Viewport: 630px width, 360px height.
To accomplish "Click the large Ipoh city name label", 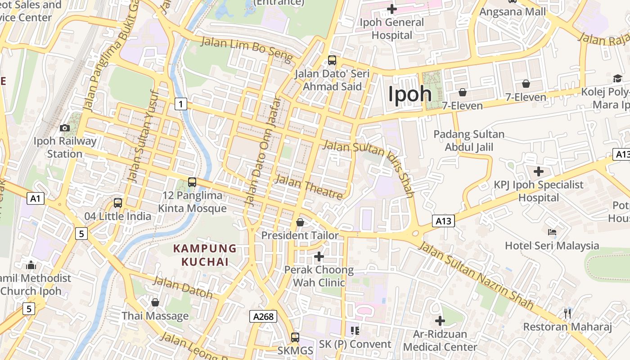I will pyautogui.click(x=410, y=94).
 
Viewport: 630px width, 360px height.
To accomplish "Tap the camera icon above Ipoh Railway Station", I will pyautogui.click(x=65, y=128).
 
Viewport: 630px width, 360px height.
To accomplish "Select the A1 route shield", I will pyautogui.click(x=36, y=198).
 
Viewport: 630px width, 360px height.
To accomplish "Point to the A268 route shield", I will pyautogui.click(x=263, y=316).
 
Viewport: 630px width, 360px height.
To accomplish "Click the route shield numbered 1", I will pyautogui.click(x=180, y=104).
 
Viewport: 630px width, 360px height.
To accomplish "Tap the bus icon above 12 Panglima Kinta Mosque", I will pyautogui.click(x=192, y=182).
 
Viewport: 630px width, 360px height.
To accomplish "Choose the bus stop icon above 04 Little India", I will pyautogui.click(x=118, y=203).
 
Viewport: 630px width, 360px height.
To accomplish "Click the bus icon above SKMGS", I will pyautogui.click(x=295, y=337).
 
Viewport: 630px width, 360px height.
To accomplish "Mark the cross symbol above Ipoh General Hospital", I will pyautogui.click(x=392, y=9).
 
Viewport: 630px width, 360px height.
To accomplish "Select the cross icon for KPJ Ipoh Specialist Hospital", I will pyautogui.click(x=539, y=171).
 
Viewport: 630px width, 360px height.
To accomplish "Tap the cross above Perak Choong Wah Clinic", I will pyautogui.click(x=319, y=256).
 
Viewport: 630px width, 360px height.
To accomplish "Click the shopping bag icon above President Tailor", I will pyautogui.click(x=300, y=222).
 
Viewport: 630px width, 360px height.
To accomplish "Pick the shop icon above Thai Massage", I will pyautogui.click(x=155, y=302).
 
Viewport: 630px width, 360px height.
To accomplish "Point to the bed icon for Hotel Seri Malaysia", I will pyautogui.click(x=552, y=232).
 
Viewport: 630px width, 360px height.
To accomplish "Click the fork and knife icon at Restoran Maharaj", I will pyautogui.click(x=567, y=313).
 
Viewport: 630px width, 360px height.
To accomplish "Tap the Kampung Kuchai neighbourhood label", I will pyautogui.click(x=205, y=255).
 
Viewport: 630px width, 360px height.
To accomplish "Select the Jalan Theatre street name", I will pyautogui.click(x=309, y=187).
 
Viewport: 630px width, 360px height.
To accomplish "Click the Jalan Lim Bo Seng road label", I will pyautogui.click(x=247, y=49).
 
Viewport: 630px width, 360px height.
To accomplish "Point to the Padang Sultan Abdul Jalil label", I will pyautogui.click(x=469, y=140).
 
